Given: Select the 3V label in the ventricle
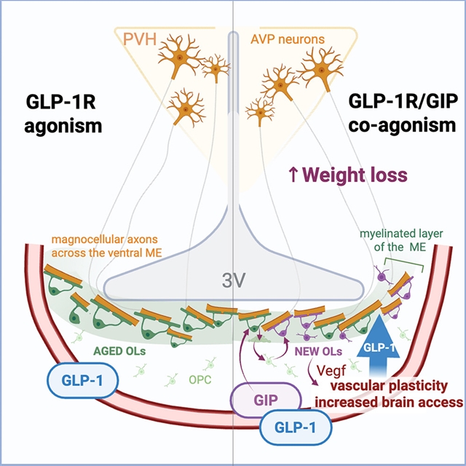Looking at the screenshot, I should point(233,279).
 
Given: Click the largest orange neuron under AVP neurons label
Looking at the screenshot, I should point(320,71).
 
